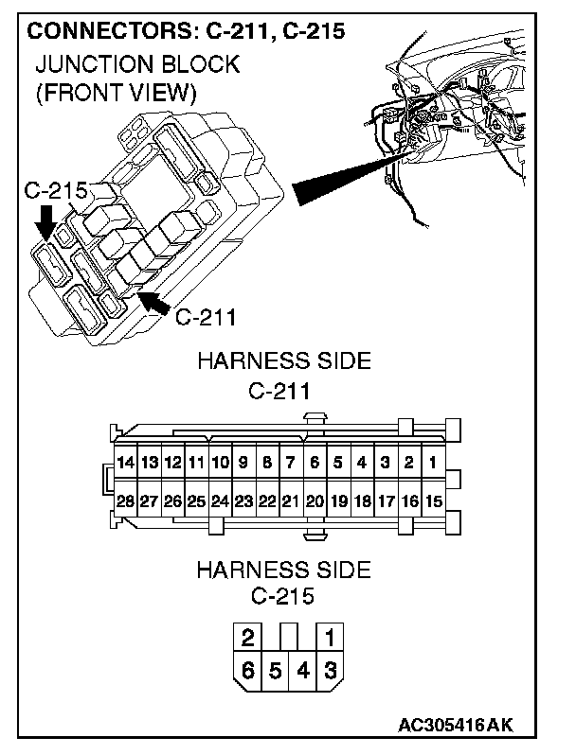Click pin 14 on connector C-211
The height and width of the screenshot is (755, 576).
125,464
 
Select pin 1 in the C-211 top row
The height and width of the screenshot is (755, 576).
432,464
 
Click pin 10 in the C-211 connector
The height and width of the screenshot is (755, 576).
220,464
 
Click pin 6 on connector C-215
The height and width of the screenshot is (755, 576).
248,672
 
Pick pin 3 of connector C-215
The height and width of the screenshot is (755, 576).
329,672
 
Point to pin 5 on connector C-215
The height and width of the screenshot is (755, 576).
275,672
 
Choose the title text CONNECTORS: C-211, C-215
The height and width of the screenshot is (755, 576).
185,30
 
